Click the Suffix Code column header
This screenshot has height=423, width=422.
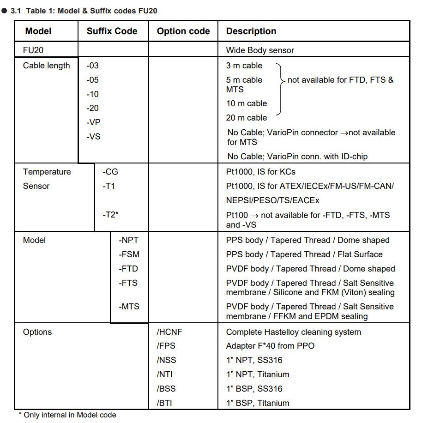tap(112, 31)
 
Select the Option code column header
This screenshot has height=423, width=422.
tap(183, 31)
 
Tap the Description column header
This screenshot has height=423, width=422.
tap(251, 31)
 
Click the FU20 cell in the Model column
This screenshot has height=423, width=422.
tap(33, 50)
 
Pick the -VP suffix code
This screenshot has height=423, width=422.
tap(93, 122)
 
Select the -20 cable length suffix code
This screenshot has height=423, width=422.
tap(92, 108)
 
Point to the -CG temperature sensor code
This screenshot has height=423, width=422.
tap(110, 172)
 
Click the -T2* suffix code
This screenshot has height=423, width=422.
tap(111, 214)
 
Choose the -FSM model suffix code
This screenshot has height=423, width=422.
tap(129, 254)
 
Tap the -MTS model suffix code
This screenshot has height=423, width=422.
tap(129, 307)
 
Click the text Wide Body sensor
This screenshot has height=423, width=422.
tap(260, 50)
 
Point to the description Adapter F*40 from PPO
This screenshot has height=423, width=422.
tap(270, 346)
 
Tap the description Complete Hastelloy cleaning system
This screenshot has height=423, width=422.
tap(293, 332)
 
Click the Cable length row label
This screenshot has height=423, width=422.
tap(47, 66)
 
